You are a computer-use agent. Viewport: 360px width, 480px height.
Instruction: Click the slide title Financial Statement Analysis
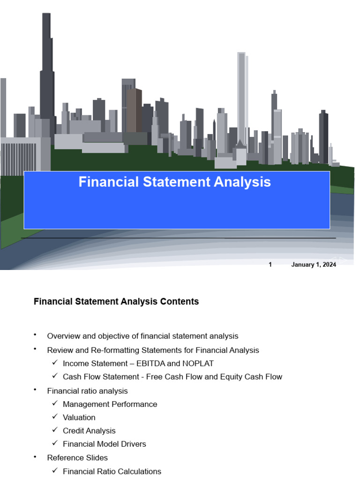[x=174, y=182]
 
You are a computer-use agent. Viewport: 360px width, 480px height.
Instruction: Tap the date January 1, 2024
[x=313, y=265]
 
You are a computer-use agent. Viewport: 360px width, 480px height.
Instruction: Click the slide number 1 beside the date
[x=270, y=265]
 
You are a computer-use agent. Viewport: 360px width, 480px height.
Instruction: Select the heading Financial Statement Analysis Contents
[x=116, y=302]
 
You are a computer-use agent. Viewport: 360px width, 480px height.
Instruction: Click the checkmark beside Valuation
[x=55, y=417]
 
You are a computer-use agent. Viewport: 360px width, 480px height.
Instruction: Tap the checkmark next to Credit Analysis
[x=55, y=430]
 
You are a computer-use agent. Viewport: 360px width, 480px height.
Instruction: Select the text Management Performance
[x=110, y=404]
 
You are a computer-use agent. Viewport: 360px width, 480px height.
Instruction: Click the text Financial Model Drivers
[x=104, y=444]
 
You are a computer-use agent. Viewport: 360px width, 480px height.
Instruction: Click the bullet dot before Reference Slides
[x=35, y=456]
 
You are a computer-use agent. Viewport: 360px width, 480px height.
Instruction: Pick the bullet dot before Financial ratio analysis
[x=35, y=390]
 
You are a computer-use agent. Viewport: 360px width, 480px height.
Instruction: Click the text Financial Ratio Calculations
[x=112, y=472]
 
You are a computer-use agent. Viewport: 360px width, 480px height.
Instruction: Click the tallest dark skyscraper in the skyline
[x=46, y=70]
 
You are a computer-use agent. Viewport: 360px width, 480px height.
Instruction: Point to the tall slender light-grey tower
[x=241, y=94]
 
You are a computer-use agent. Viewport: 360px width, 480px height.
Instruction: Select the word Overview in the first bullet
[x=64, y=336]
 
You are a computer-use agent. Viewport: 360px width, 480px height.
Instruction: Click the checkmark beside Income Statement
[x=55, y=363]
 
